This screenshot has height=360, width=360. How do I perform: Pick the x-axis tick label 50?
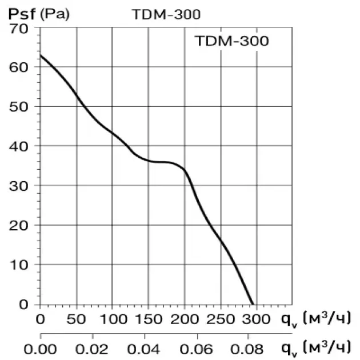click(76, 318)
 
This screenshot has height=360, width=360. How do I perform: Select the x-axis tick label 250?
click(221, 318)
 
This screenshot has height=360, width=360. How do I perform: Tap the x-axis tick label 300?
click(256, 318)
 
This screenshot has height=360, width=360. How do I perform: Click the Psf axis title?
click(21, 14)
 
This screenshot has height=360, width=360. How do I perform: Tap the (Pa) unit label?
click(55, 14)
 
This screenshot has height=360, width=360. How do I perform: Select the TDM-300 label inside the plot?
click(231, 41)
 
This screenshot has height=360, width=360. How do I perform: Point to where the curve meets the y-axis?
click(41, 55)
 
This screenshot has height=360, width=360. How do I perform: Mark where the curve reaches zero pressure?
click(252, 303)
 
